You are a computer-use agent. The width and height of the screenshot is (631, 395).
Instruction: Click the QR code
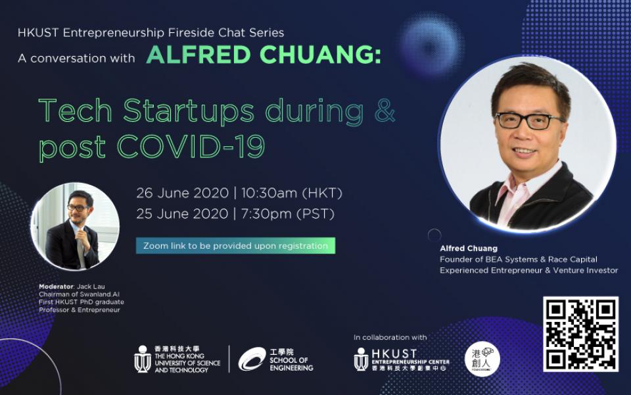pos(580,334)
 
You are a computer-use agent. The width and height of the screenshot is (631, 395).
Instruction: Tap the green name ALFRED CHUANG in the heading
pos(264,55)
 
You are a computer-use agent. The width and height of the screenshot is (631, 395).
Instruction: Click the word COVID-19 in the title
pos(191,146)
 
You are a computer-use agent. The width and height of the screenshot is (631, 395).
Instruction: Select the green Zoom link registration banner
pos(235,246)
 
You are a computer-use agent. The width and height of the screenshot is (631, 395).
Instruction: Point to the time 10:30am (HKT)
pos(292,193)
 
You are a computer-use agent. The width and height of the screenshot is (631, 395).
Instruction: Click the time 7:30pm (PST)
pos(288,213)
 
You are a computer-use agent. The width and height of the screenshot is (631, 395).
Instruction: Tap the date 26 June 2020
pos(182,193)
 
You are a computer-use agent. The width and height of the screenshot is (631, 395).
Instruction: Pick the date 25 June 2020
pos(182,213)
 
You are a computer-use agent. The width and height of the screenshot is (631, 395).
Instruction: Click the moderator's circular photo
pos(75,226)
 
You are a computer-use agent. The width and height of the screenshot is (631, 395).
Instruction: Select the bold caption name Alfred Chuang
pos(469,248)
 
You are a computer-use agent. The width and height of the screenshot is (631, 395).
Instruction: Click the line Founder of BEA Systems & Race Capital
pos(519,259)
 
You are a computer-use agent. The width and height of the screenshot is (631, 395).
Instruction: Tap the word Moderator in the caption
pos(56,286)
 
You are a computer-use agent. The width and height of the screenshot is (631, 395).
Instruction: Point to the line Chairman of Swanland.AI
pos(80,294)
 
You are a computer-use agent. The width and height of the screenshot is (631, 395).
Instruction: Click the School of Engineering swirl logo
pos(252,359)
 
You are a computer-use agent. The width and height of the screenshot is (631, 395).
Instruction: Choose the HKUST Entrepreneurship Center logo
pos(402,359)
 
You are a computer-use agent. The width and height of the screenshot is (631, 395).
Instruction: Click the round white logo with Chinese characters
pos(482,359)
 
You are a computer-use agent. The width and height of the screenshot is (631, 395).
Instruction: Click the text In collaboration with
pos(390,337)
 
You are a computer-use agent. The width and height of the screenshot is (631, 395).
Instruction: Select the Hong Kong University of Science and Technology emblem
pos(143,359)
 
